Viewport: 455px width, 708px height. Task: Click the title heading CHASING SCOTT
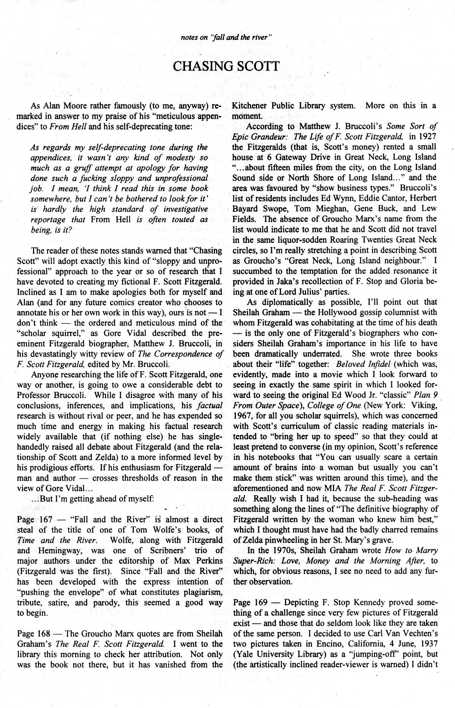(226, 66)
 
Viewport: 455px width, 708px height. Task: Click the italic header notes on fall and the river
(227, 37)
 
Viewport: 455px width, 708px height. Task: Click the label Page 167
(32, 519)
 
